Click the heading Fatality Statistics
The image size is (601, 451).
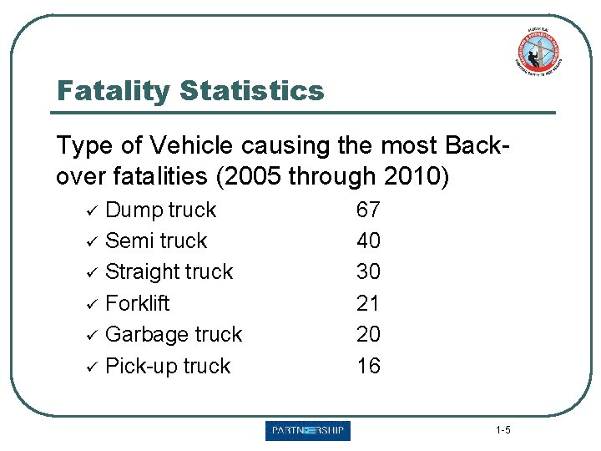click(x=189, y=90)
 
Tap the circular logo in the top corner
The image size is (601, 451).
click(x=538, y=51)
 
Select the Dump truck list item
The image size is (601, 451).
click(x=160, y=210)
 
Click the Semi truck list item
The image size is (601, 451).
click(x=156, y=241)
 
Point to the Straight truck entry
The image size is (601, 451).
click(x=169, y=272)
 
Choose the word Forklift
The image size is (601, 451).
click(x=138, y=303)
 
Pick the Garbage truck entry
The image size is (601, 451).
click(x=174, y=334)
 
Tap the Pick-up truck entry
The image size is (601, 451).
click(x=168, y=366)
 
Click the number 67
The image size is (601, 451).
click(x=368, y=210)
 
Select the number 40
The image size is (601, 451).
click(x=368, y=241)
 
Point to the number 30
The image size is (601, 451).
click(x=368, y=272)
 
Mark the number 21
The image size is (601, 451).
click(x=368, y=303)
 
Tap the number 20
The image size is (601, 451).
click(x=368, y=334)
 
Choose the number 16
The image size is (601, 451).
click(x=368, y=366)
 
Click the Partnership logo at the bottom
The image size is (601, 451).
click(x=308, y=431)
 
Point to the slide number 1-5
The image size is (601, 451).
click(x=503, y=431)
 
